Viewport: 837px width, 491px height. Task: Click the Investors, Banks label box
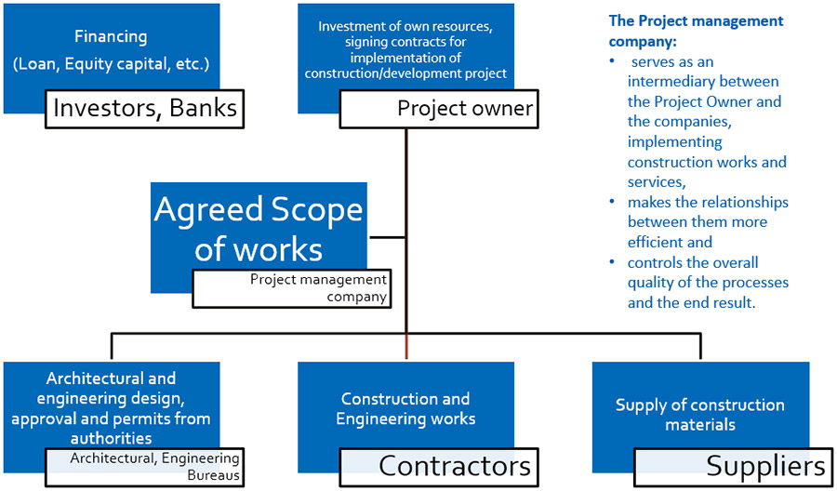pos(144,109)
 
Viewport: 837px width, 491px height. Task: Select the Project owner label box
pos(439,109)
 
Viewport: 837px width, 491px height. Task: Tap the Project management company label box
pos(291,288)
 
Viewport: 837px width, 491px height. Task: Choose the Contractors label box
pos(439,467)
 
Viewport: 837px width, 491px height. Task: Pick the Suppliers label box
pos(734,467)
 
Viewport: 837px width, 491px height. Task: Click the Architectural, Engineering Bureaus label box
pos(144,467)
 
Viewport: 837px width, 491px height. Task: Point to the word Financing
pos(111,37)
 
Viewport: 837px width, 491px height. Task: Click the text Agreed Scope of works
pos(259,229)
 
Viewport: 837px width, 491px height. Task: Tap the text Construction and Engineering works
pos(405,409)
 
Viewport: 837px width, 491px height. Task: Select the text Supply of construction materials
pos(699,415)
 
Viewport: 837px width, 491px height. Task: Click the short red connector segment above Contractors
pos(406,346)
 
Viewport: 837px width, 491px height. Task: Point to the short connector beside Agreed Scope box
pos(386,237)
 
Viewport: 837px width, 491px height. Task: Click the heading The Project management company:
pos(696,31)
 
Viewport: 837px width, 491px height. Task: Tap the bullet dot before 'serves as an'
pos(612,62)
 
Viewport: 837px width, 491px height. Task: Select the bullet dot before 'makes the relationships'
pos(612,203)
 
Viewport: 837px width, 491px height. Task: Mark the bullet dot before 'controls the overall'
pos(612,262)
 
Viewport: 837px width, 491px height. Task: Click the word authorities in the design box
pos(111,439)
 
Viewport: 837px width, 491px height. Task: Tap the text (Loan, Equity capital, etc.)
pos(111,64)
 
